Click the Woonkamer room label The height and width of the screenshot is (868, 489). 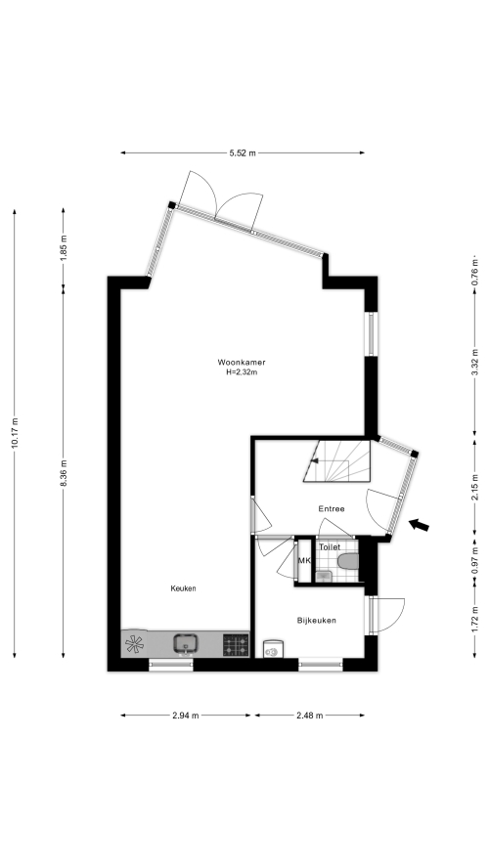click(x=241, y=363)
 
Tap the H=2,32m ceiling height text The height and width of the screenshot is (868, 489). click(x=242, y=372)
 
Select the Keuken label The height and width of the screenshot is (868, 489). click(x=183, y=588)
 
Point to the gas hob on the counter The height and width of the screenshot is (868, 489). click(x=236, y=645)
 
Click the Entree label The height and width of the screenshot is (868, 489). click(x=332, y=508)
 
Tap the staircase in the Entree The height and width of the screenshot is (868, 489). click(x=336, y=461)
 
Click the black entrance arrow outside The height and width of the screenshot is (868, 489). click(x=419, y=525)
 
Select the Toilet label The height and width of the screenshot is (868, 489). click(x=330, y=547)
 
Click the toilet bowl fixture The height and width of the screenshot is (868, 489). click(x=348, y=561)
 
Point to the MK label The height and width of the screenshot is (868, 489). click(x=304, y=561)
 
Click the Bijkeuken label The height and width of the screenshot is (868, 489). click(x=316, y=621)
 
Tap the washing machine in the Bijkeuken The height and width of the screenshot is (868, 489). click(x=273, y=649)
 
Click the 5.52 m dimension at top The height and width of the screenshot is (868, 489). click(x=243, y=153)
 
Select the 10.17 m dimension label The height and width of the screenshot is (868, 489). click(x=15, y=433)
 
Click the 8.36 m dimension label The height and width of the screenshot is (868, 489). click(x=64, y=474)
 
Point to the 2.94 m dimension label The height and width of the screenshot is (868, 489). click(x=186, y=716)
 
